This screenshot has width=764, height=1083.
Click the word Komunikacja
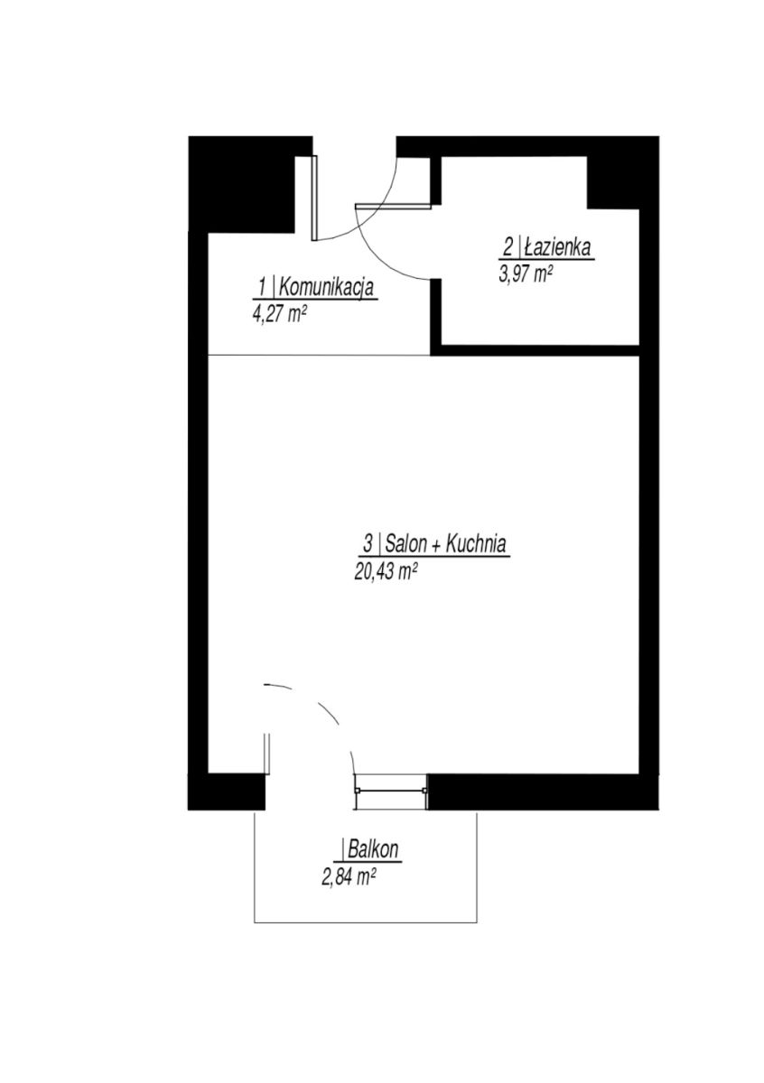pos(327,289)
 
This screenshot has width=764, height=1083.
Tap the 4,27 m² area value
pos(279,315)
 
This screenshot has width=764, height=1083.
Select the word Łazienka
pos(558,248)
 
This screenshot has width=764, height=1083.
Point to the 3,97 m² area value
pos(526,275)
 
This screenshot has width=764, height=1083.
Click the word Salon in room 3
pos(407,543)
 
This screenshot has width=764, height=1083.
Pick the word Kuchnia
pos(475,543)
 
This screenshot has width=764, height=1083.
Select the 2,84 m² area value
pos(349,876)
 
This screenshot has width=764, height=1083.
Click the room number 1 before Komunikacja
pos(263,289)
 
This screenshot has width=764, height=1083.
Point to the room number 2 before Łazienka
pos(508,248)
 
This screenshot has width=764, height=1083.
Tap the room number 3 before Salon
pos(368,544)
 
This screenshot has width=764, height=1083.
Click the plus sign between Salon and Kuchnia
pos(436,545)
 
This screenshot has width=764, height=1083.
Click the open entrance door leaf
pos(314,198)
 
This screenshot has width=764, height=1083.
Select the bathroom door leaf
pos(393,206)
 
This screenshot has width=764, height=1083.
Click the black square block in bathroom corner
pos(613,182)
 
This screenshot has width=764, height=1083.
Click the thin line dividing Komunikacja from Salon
pos(320,356)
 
